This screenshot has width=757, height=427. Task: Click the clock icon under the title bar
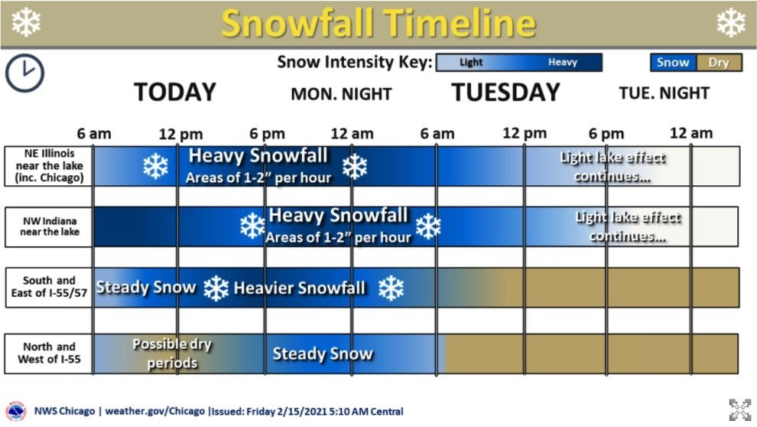[24, 73]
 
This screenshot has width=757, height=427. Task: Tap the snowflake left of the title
[26, 22]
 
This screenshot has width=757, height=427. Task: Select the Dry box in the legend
[718, 63]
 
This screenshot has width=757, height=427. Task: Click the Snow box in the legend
[673, 63]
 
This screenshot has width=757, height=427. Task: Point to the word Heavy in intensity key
[563, 62]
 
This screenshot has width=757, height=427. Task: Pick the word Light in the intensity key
[471, 62]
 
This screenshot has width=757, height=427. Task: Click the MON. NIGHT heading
[341, 93]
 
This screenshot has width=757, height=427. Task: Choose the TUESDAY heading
[505, 93]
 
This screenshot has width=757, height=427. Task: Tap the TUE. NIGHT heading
[664, 93]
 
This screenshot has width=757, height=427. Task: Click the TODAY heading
[175, 93]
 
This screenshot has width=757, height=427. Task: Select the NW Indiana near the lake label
[50, 227]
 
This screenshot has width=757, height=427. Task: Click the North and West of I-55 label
[49, 353]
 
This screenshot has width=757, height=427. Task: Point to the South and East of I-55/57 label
[49, 287]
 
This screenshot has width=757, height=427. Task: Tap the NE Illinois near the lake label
[49, 166]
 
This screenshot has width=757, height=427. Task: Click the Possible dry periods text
[172, 354]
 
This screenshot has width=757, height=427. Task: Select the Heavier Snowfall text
[299, 288]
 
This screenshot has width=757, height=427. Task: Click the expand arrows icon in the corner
[739, 409]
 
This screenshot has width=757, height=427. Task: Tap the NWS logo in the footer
[15, 412]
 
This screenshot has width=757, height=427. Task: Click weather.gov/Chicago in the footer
[155, 412]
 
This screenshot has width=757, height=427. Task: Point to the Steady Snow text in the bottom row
[323, 354]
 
